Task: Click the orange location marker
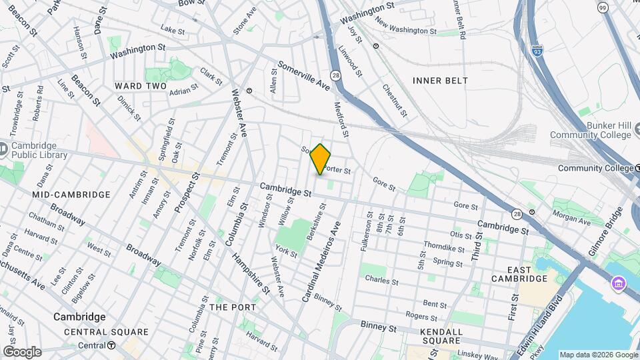pos(321,159)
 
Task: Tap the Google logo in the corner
pos(22,351)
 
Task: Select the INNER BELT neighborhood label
pos(440,81)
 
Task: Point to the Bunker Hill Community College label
pos(590,131)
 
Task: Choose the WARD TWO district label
pos(140,86)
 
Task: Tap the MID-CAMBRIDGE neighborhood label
pos(71,195)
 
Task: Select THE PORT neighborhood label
pos(232,307)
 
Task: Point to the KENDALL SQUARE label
pos(442,336)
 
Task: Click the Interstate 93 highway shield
pos(537,50)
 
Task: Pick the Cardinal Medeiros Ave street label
pos(322,261)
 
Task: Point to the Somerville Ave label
pos(304,76)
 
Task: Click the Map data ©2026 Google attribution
pos(598,355)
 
